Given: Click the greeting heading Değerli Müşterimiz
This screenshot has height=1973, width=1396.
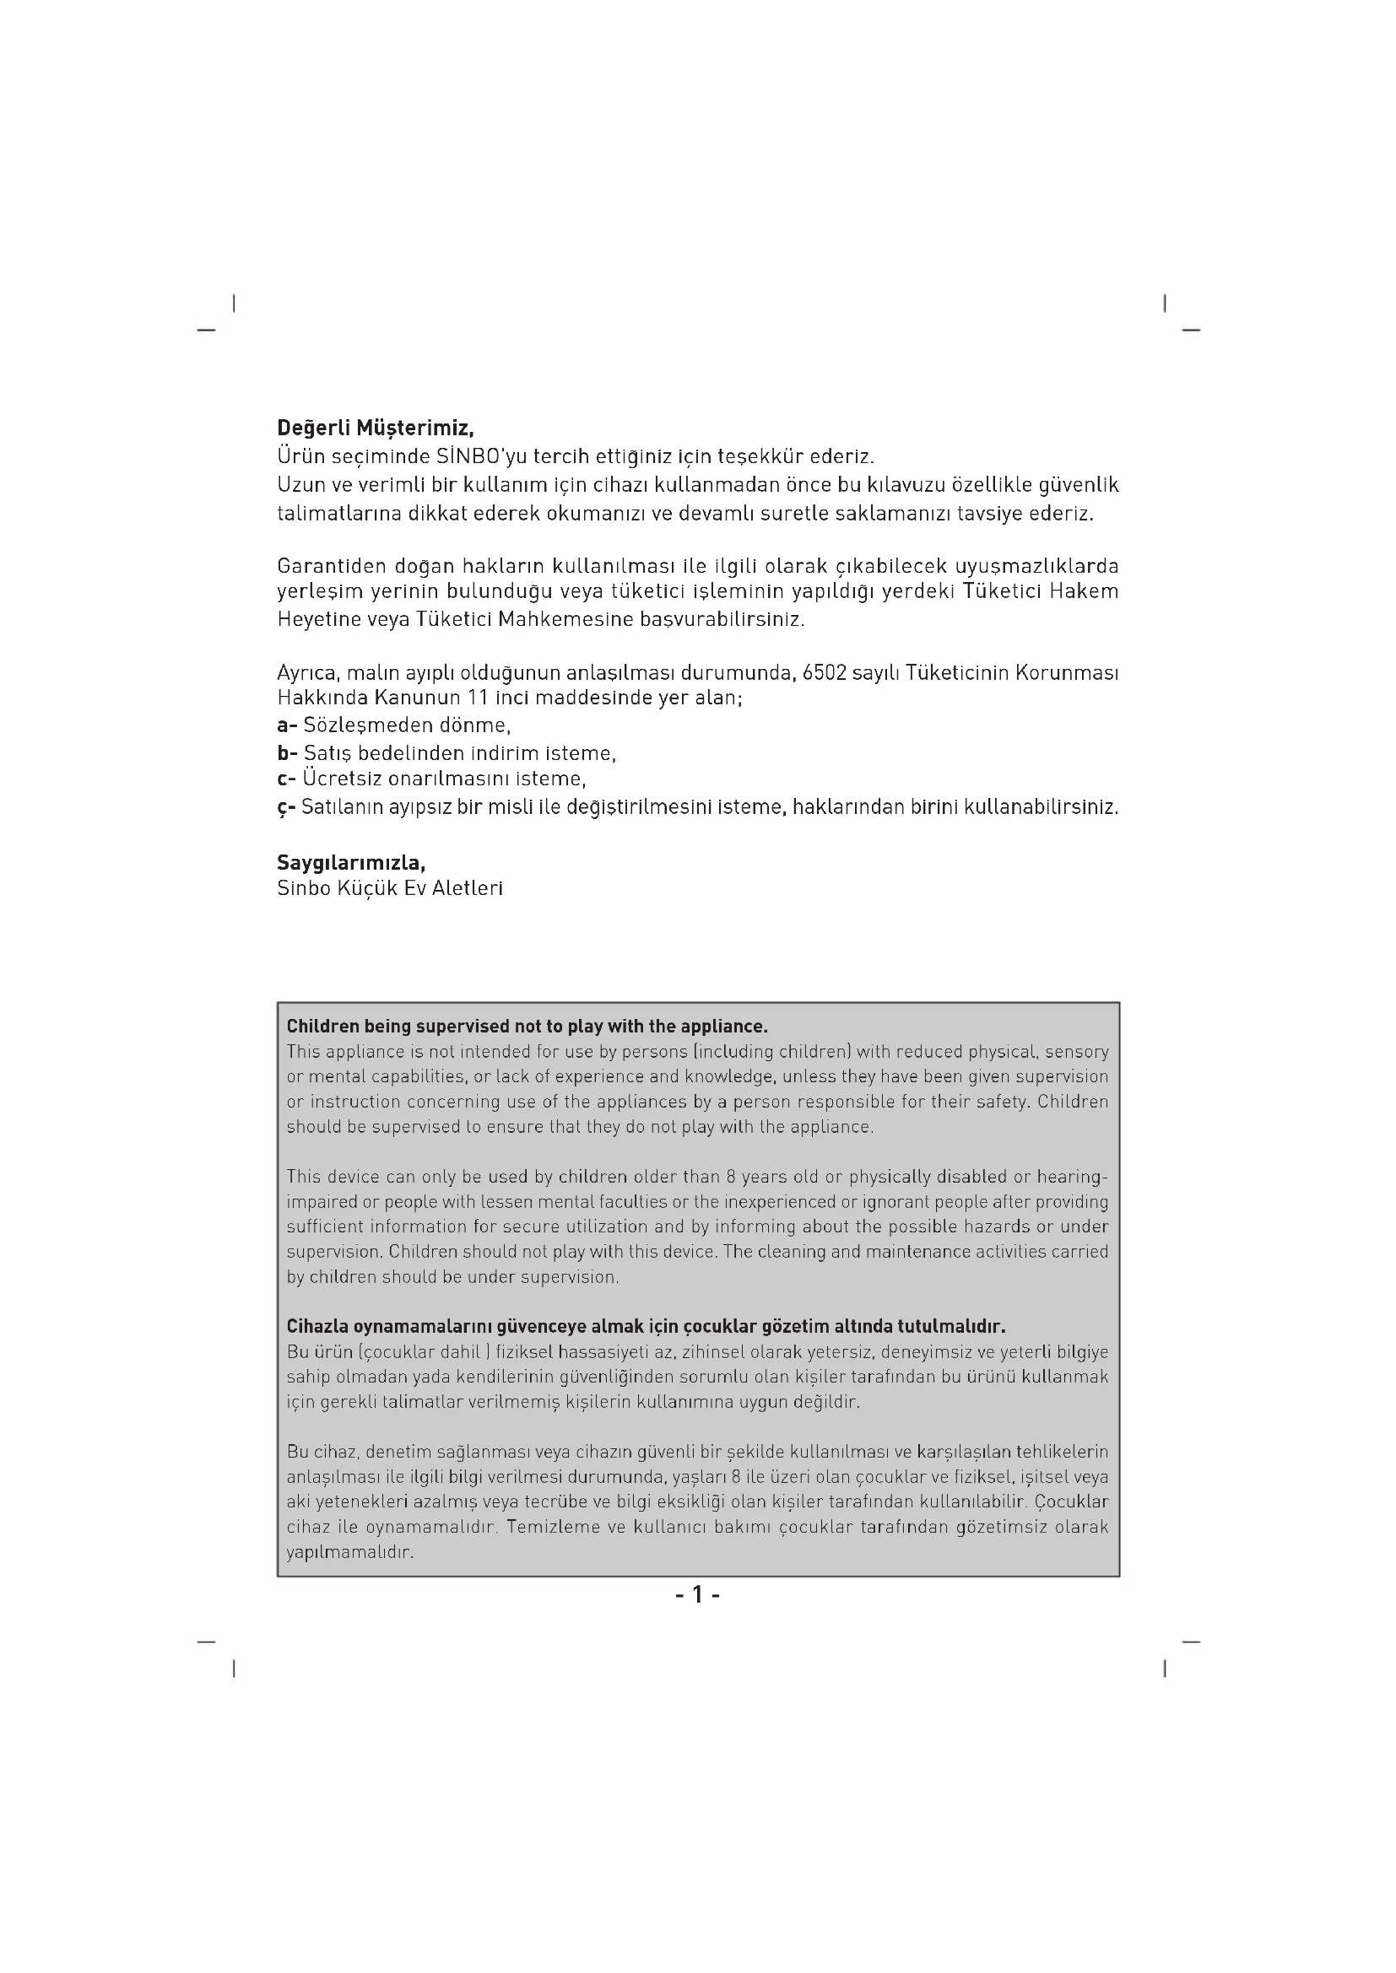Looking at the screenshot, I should [x=375, y=427].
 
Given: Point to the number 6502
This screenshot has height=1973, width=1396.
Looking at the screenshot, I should [x=824, y=672].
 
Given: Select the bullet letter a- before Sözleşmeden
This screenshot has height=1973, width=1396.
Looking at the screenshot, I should [x=287, y=725].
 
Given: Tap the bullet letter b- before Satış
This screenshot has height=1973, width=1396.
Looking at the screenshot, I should [x=287, y=753].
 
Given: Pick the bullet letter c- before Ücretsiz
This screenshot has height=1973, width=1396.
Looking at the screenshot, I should [x=286, y=779].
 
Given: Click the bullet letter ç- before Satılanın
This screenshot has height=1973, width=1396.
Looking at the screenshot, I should [x=286, y=808].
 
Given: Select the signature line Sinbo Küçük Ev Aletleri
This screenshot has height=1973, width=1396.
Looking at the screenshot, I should [x=389, y=888].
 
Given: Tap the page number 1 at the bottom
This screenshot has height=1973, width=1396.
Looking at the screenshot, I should [x=697, y=1596].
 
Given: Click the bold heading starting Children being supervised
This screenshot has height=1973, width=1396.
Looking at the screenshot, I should [x=527, y=1026].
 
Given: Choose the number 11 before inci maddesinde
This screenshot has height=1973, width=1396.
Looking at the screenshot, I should [x=478, y=697].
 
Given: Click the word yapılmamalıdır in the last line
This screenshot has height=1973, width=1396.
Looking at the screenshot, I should [x=350, y=1553].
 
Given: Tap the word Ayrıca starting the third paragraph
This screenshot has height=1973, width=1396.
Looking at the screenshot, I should [x=307, y=672].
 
